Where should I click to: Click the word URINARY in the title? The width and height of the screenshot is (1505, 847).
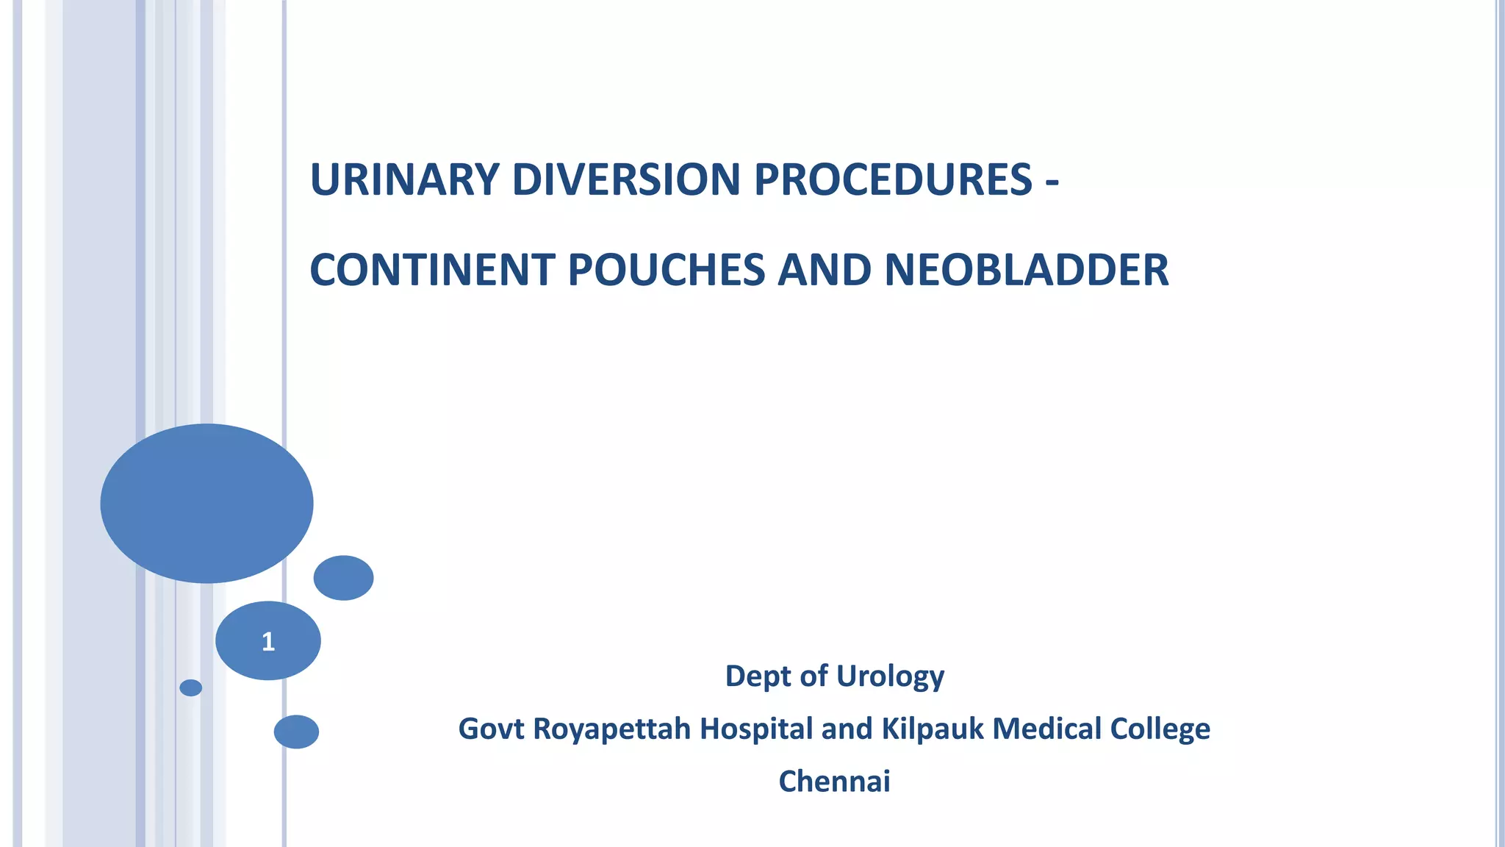pos(404,179)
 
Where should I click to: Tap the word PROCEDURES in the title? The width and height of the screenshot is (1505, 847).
pos(893,179)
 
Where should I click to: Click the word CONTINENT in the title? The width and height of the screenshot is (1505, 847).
pos(432,270)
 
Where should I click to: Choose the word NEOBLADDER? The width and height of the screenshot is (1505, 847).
pos(1027,270)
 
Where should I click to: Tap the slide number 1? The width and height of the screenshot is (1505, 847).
pos(268,642)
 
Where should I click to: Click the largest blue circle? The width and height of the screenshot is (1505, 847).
pos(206,504)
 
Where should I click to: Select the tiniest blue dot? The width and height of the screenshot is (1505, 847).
pos(191,687)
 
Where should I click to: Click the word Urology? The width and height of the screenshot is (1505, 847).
pos(890,676)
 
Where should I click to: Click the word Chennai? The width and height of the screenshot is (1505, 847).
pos(834,782)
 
